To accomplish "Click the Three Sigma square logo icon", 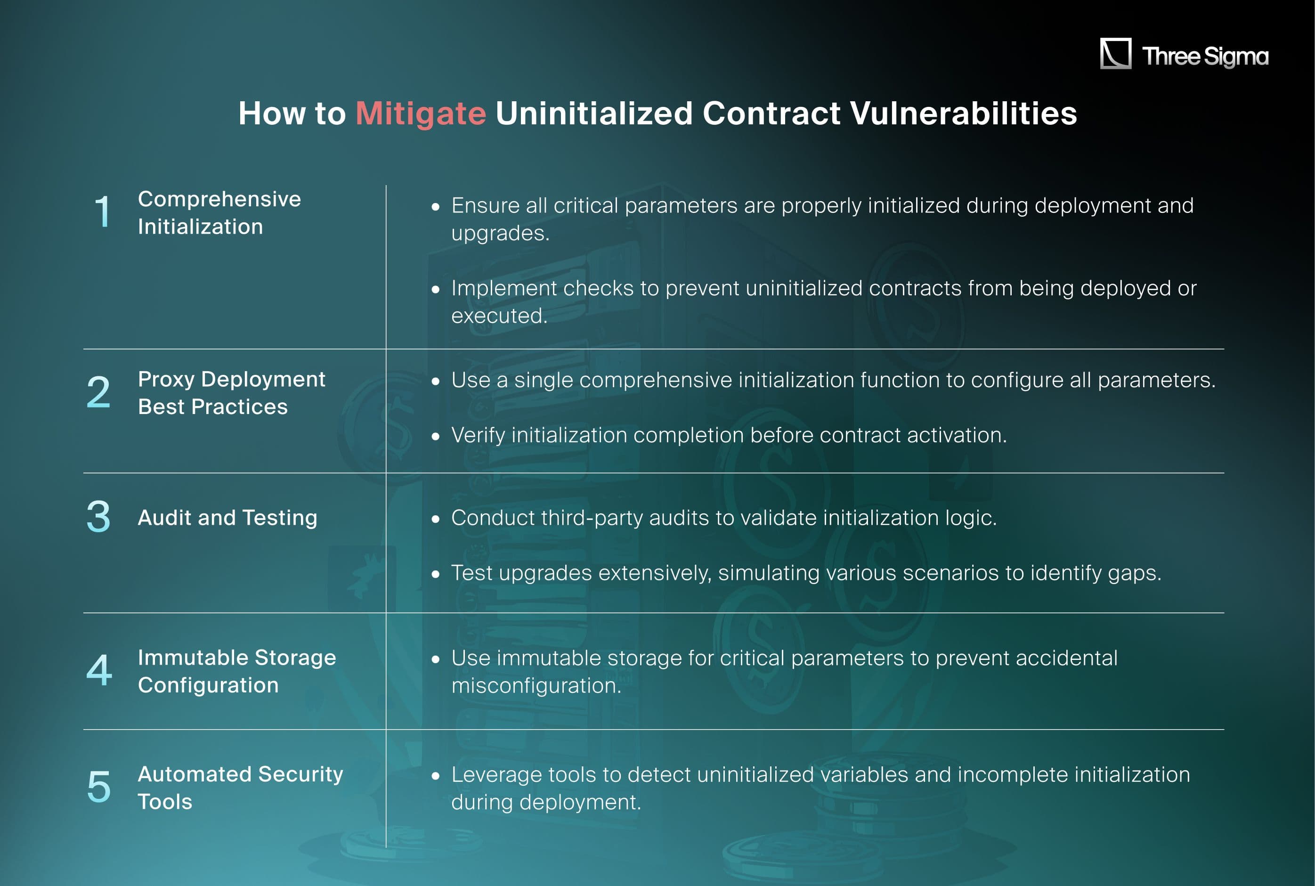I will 1115,54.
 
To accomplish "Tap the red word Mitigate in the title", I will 421,113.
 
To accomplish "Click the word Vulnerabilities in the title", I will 963,113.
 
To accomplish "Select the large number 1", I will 102,212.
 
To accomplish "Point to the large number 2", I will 98,392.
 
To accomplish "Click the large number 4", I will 99,670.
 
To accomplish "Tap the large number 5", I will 99,787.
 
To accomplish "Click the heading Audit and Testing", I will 227,518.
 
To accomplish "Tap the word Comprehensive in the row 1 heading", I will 219,199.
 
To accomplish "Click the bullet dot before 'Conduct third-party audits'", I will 436,519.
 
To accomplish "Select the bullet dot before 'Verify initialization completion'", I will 436,436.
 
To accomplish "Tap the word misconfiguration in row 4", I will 536,685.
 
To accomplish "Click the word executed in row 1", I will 499,316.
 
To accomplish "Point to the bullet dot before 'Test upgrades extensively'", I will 436,574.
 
